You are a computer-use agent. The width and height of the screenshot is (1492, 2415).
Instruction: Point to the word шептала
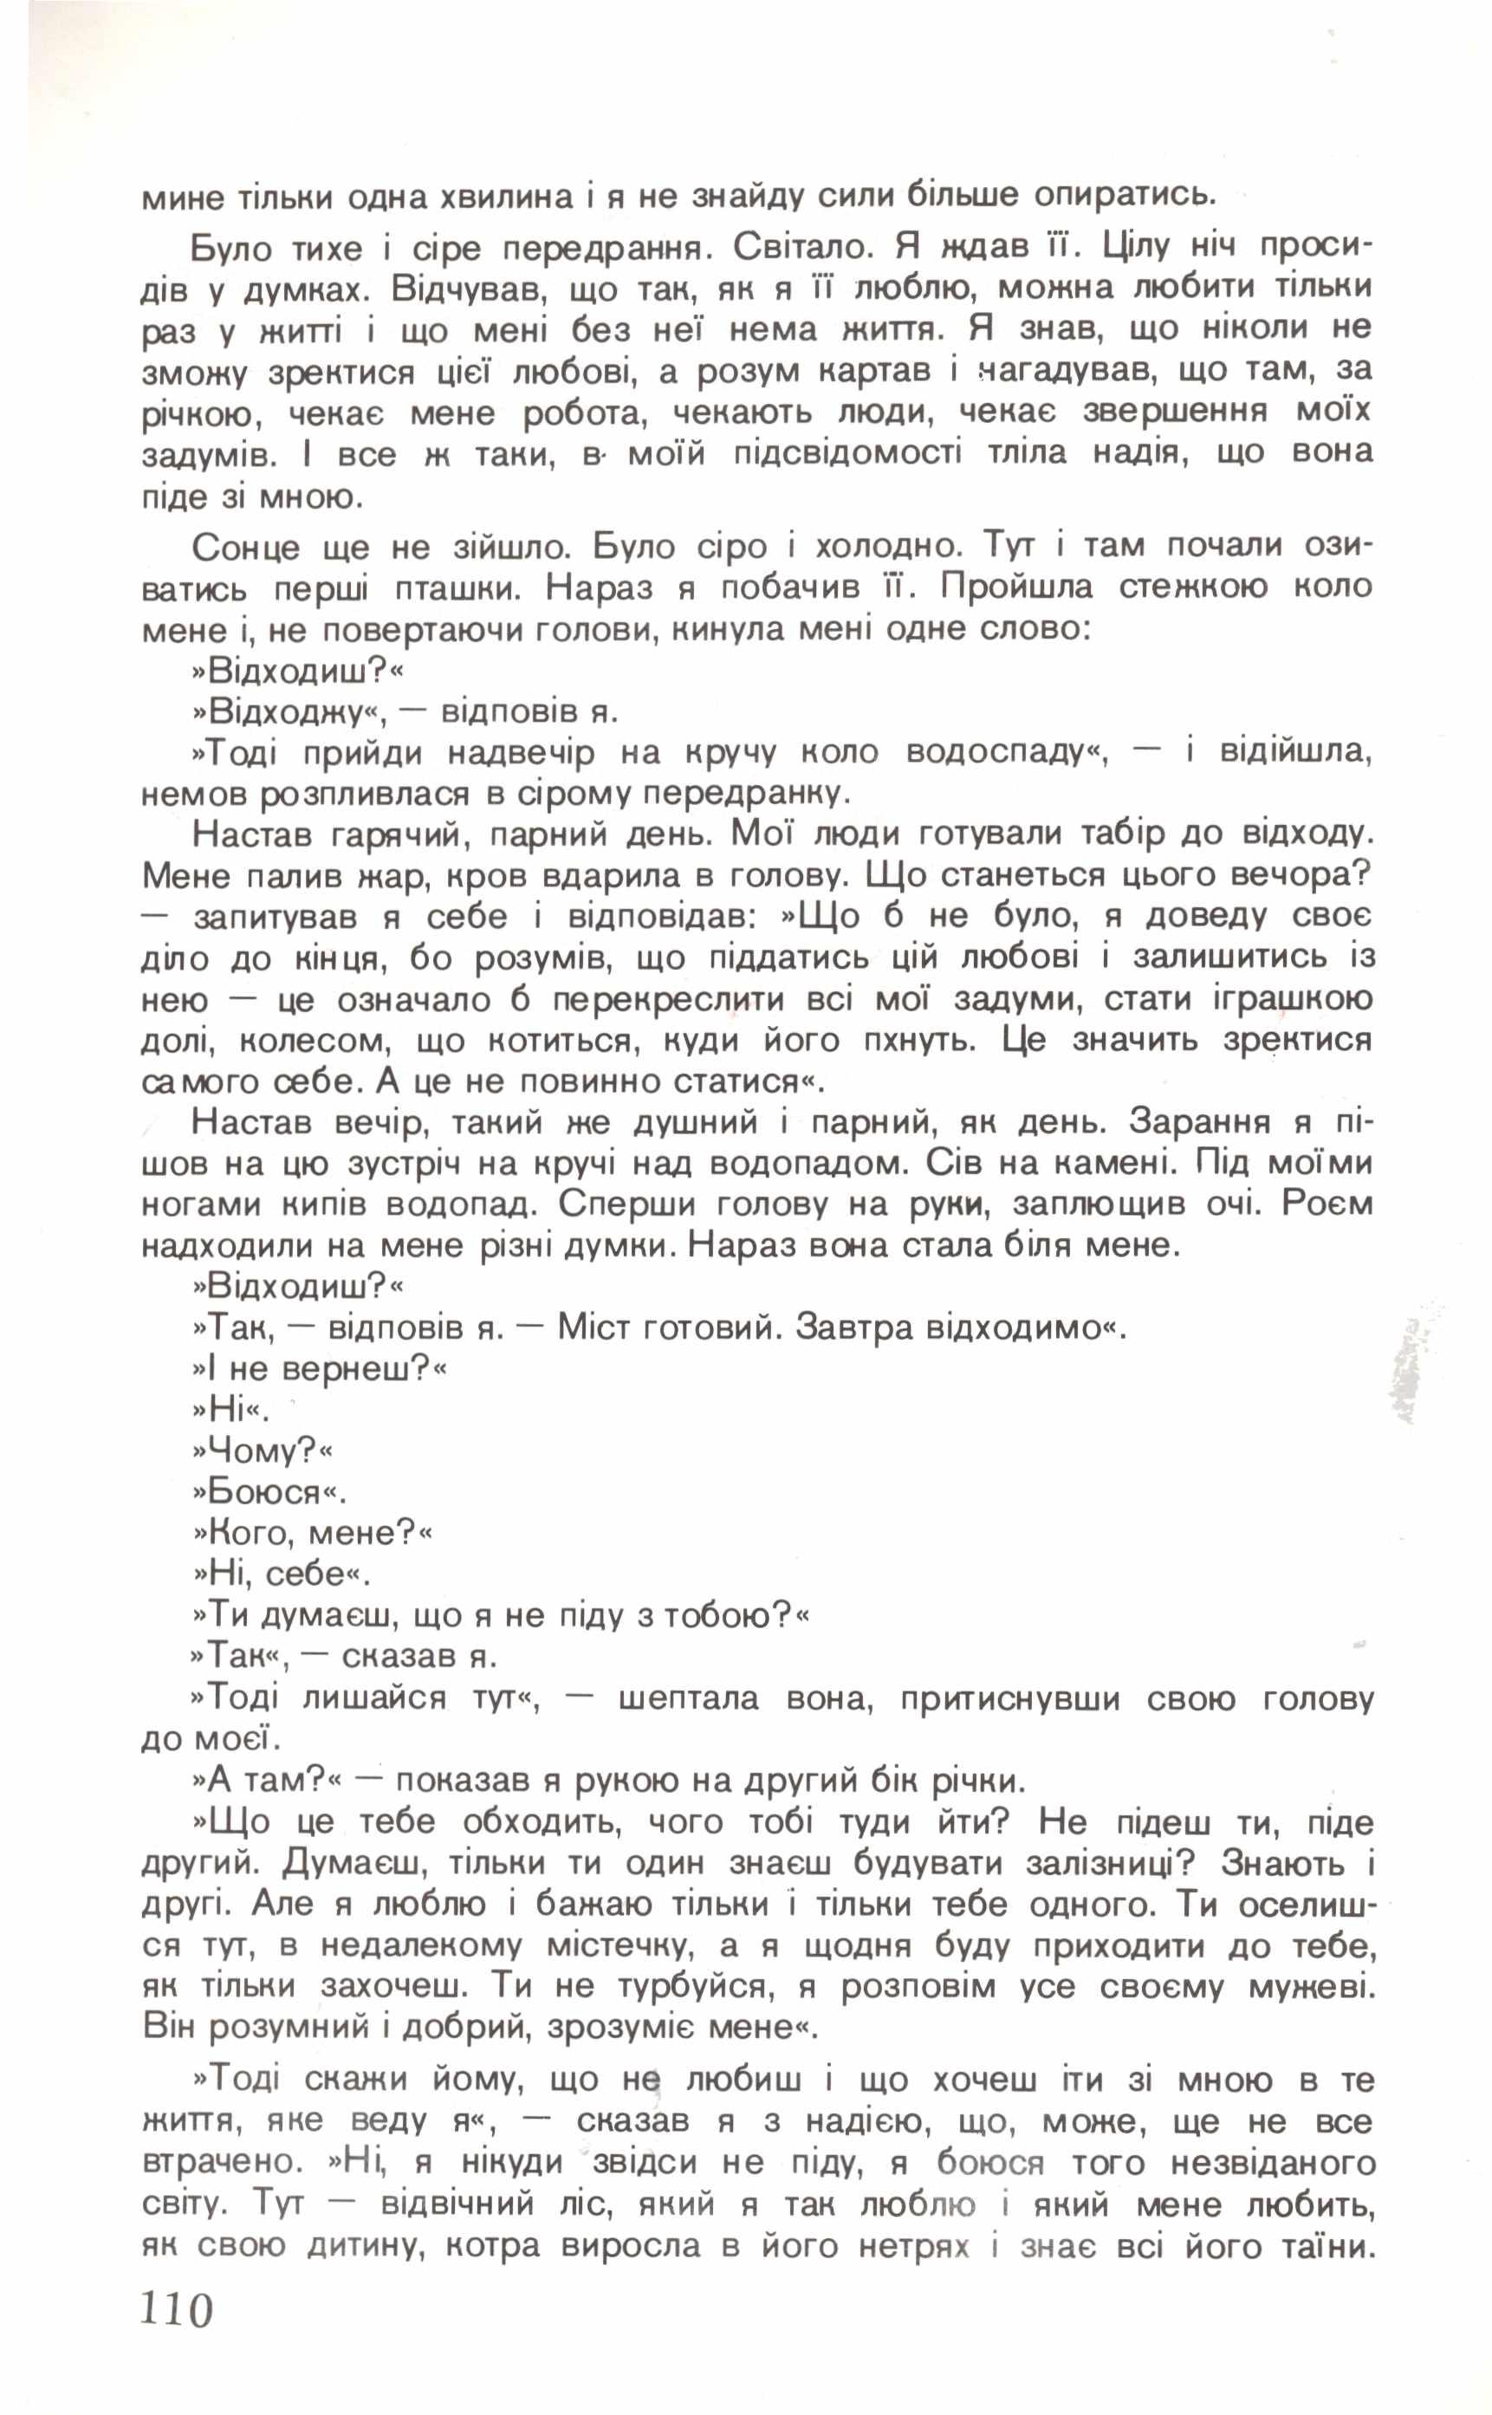click(x=688, y=1698)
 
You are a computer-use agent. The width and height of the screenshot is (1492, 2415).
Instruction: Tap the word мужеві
click(x=1310, y=1986)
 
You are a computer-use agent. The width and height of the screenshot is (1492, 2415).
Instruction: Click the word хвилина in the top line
click(x=509, y=198)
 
